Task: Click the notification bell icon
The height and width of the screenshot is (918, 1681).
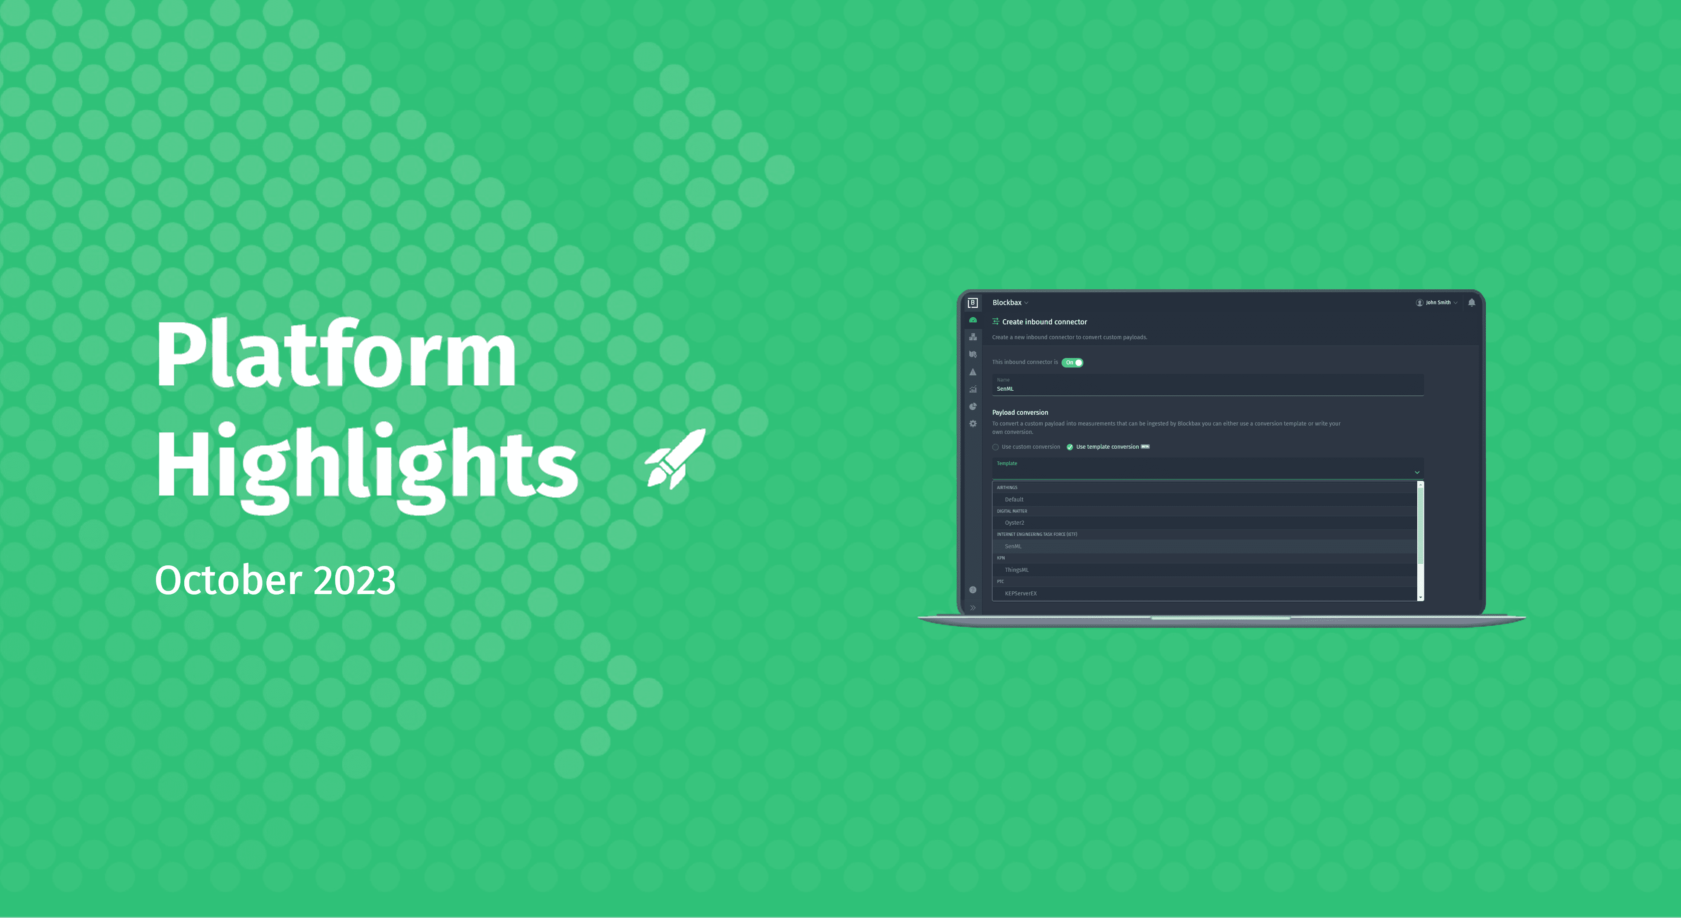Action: pyautogui.click(x=1471, y=302)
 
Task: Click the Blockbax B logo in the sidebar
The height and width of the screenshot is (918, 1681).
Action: pyautogui.click(x=972, y=303)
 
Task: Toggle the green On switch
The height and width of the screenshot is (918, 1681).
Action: pyautogui.click(x=1072, y=362)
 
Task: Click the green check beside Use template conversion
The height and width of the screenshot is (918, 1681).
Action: pyautogui.click(x=1069, y=447)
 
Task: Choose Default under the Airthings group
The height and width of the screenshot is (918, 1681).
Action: pyautogui.click(x=1014, y=499)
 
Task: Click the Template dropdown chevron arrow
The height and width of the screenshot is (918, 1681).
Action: pyautogui.click(x=1417, y=472)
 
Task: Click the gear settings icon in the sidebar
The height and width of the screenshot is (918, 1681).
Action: pyautogui.click(x=973, y=424)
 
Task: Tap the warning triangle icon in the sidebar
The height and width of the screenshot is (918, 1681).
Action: pyautogui.click(x=973, y=372)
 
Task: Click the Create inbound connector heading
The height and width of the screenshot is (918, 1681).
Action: pyautogui.click(x=1044, y=322)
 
